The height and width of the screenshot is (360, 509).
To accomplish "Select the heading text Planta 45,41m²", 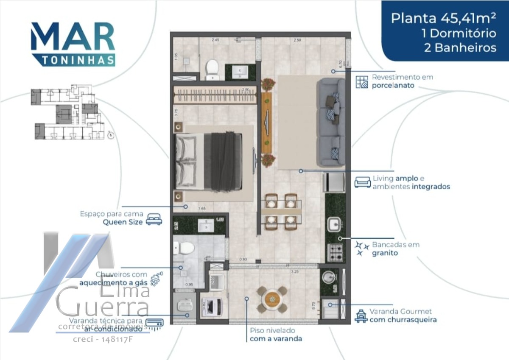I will point(443,18).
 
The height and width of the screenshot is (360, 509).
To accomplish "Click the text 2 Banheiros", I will point(460,47).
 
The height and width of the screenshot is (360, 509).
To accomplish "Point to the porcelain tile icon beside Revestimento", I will point(362,81).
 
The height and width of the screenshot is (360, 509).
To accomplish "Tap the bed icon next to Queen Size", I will point(154,219).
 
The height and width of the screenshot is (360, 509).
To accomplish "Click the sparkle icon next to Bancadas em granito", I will point(362,248).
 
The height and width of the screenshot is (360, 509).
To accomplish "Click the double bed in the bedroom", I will point(209,161).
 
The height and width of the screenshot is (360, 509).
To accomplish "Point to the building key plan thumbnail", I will point(68,114).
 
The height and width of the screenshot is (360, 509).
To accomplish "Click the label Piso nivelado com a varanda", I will point(275,334).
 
